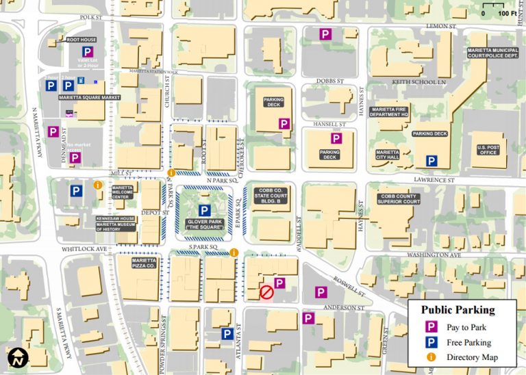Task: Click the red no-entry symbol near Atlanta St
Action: [x=266, y=293]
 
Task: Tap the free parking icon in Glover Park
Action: [x=203, y=211]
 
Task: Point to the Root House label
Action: [x=81, y=40]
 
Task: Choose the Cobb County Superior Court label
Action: [x=399, y=198]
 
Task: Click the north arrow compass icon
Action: [x=16, y=358]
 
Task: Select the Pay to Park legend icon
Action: [x=431, y=327]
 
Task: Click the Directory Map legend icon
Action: [x=431, y=357]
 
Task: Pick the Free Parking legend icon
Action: [x=431, y=342]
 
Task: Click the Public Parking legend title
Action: [x=457, y=310]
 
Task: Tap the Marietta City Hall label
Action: [x=388, y=155]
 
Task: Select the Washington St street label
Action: [x=431, y=255]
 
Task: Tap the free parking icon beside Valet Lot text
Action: [x=87, y=52]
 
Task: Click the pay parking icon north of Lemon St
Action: [x=327, y=34]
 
